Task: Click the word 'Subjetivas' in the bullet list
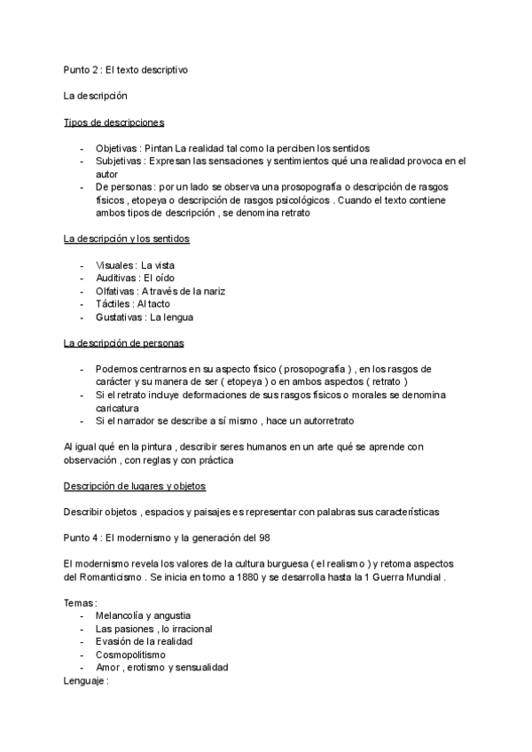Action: click(119, 161)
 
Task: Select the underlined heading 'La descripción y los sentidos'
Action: click(126, 239)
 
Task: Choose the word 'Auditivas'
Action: click(116, 278)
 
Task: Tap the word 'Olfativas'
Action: click(116, 291)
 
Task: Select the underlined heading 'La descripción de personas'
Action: click(123, 343)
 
